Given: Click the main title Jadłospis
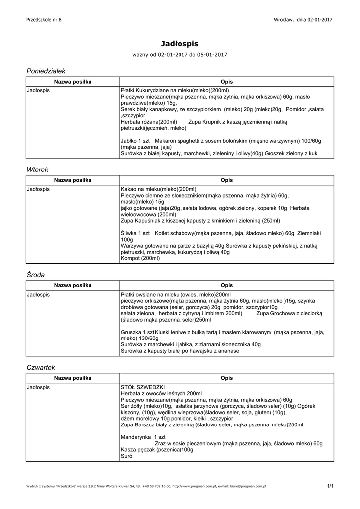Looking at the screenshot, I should coord(180,44).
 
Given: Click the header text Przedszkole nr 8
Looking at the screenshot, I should coord(44,19).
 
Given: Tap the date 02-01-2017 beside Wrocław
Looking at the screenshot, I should coord(320,19).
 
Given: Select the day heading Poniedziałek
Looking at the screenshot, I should coord(46,71).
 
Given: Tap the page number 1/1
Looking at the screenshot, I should coord(330,486).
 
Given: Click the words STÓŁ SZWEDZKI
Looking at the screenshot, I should coord(143,387).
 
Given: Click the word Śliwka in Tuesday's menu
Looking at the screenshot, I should coord(129,233).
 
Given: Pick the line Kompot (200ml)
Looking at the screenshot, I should coord(140,258).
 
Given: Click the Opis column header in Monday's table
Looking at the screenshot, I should coord(226,82).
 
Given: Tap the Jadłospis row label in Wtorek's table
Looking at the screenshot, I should coord(38,190).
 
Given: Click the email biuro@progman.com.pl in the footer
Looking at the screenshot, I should coord(244,486).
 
